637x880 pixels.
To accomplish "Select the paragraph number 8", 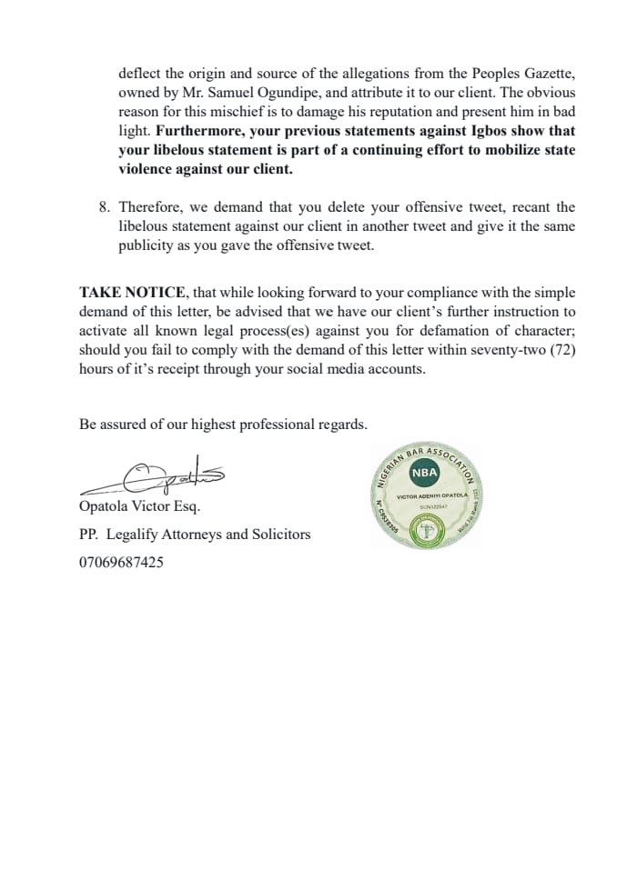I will [103, 207].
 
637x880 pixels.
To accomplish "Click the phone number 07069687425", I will [122, 563].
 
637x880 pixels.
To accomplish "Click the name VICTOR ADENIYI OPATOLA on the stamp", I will [431, 496].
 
